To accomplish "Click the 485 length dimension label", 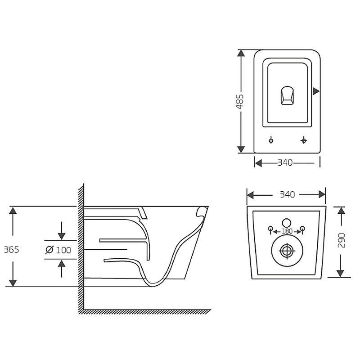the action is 240,101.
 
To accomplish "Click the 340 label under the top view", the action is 285,163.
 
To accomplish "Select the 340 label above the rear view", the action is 288,195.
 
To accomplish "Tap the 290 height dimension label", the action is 342,240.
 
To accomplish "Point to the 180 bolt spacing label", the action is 287,231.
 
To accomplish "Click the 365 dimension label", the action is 12,250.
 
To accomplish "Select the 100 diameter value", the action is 63,250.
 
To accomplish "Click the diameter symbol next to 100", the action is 49,250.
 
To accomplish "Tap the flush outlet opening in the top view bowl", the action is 287,95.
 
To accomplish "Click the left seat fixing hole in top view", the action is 271,140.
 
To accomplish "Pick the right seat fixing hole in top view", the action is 303,140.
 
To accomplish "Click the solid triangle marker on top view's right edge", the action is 316,91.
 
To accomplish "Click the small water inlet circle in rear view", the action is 286,223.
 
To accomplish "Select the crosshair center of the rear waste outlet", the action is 287,251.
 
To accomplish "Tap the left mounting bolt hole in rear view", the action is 271,229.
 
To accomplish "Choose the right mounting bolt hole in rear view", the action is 302,229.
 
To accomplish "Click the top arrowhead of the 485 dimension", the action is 241,53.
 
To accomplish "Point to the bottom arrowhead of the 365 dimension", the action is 13,283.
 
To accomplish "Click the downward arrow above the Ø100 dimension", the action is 62,231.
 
